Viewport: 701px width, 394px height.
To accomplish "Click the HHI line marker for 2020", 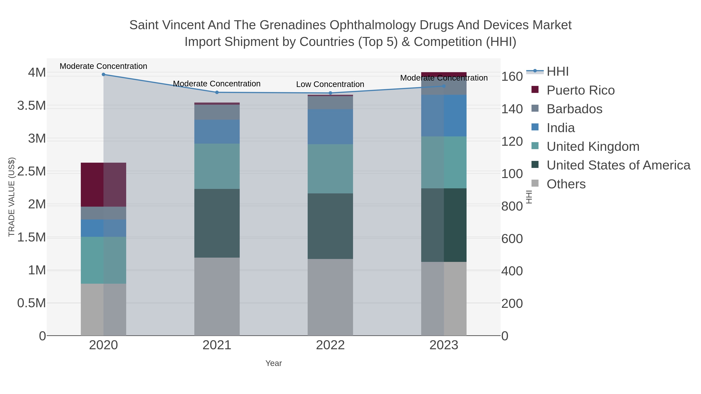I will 103,75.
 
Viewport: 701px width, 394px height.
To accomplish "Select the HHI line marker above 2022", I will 330,93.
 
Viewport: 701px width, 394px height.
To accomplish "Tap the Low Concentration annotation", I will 330,84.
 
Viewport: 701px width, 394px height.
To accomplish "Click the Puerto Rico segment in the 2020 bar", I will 103,185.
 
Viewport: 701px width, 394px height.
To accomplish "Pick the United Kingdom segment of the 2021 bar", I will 217,166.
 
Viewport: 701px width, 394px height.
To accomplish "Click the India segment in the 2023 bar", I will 444,116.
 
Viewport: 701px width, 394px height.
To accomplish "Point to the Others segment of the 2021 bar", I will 217,296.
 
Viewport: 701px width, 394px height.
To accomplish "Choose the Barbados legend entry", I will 574,109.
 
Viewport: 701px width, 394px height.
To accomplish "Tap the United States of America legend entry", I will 618,165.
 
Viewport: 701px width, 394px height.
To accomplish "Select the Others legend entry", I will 566,184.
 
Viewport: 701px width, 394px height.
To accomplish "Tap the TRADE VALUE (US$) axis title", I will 11,197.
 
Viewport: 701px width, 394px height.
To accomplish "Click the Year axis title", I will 274,363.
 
